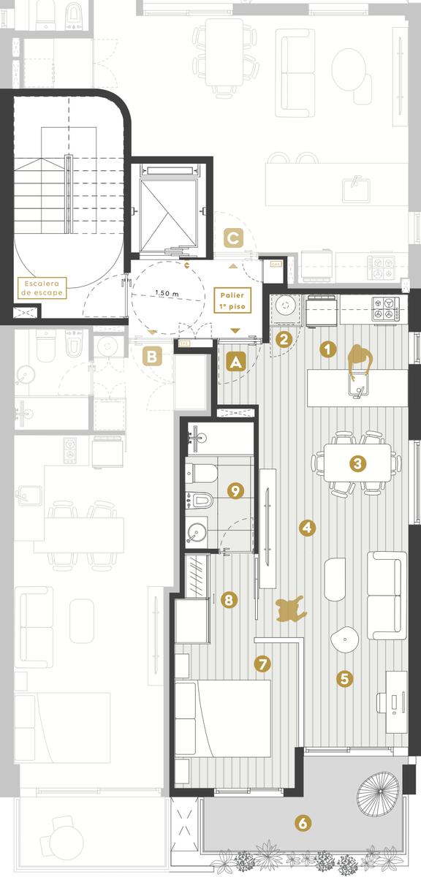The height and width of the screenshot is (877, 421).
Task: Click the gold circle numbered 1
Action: tap(327, 349)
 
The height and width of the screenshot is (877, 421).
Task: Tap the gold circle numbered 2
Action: tap(284, 339)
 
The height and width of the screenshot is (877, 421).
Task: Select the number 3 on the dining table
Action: tap(357, 463)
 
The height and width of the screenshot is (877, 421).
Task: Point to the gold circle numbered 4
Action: tap(307, 528)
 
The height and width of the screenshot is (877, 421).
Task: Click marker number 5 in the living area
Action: tap(345, 678)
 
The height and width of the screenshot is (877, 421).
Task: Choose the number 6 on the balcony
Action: tap(303, 823)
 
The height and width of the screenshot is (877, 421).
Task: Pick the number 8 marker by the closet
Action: tap(229, 600)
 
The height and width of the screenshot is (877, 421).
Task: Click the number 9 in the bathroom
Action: tap(235, 490)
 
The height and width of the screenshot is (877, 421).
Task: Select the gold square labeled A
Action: tap(236, 362)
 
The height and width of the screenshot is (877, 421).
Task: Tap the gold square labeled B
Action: tap(151, 357)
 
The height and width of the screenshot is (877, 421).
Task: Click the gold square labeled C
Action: tap(233, 238)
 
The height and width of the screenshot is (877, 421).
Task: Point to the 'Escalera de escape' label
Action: tap(42, 288)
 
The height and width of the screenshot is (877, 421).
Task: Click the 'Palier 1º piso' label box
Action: tap(232, 300)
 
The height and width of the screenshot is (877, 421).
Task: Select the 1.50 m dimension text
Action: tap(167, 293)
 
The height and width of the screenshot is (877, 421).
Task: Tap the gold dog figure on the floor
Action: tap(291, 608)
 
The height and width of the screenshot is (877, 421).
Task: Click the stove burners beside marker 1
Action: tap(387, 308)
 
